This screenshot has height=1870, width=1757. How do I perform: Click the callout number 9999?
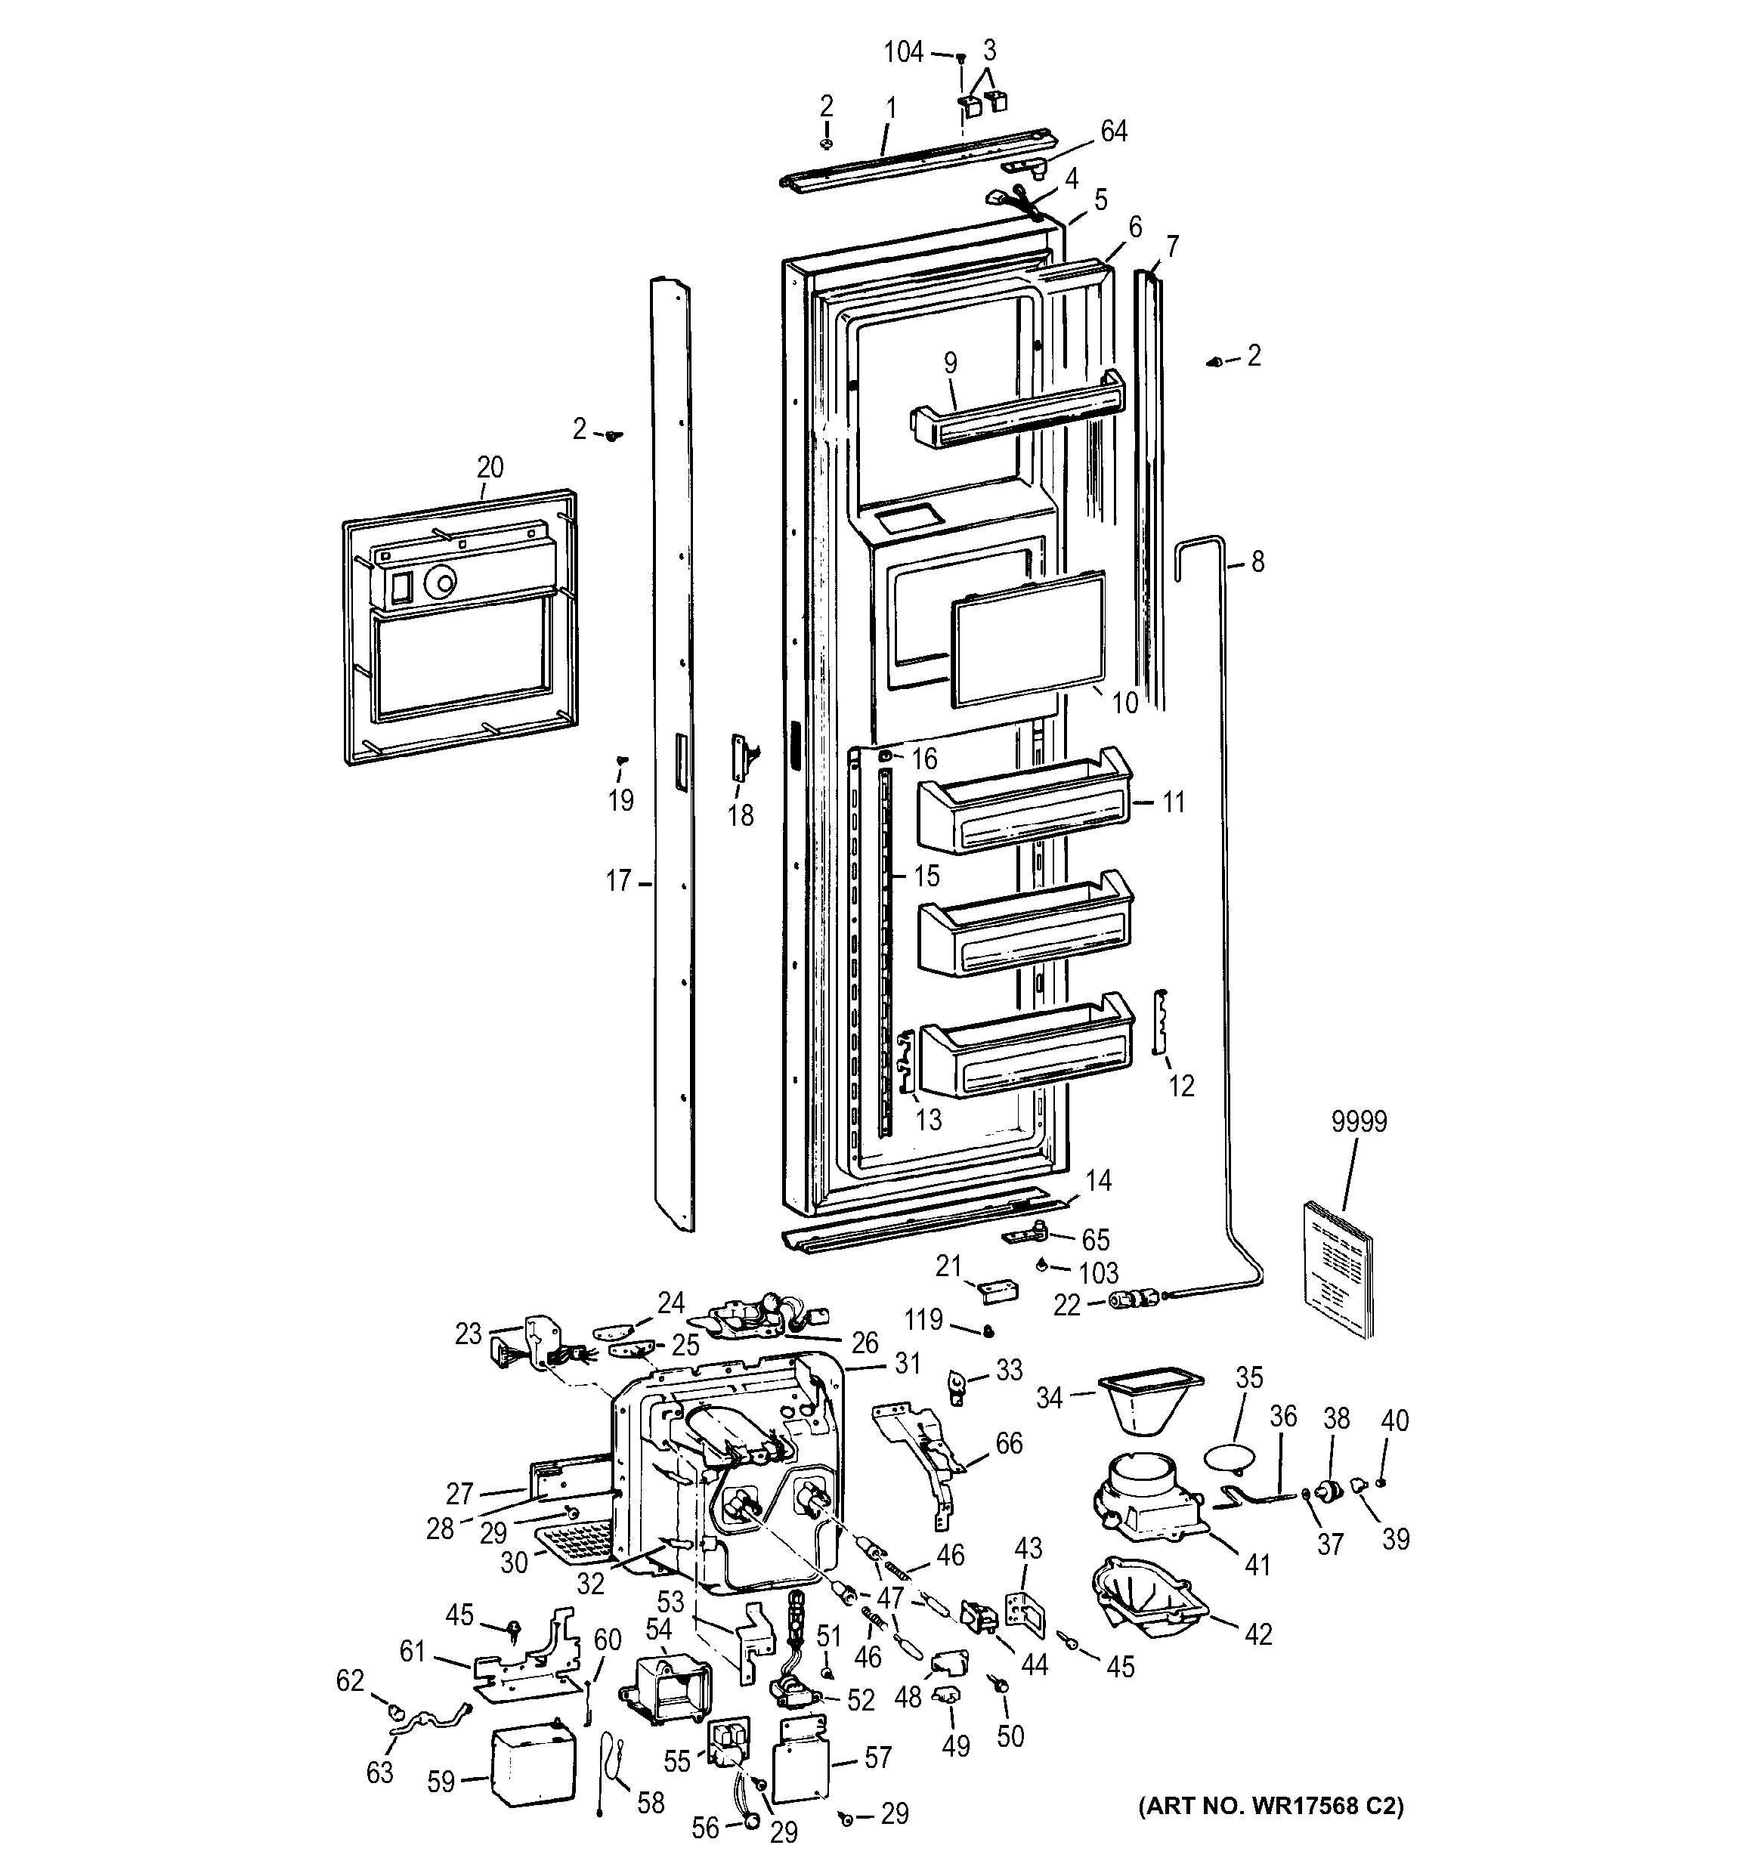click(1358, 1121)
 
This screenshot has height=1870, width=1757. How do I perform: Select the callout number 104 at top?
click(903, 53)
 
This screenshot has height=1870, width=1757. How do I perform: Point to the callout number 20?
click(490, 467)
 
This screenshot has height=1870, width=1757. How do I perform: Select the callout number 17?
click(618, 882)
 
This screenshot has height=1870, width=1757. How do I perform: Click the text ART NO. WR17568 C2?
click(1270, 1806)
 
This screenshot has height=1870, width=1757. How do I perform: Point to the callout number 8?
click(1257, 561)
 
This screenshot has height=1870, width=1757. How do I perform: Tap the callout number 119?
click(923, 1320)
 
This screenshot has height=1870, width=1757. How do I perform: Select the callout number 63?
click(379, 1773)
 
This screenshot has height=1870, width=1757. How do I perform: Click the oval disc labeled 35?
click(1230, 1458)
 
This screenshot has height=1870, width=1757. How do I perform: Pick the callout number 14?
click(1098, 1179)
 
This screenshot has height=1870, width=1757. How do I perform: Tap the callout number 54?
click(658, 1629)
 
